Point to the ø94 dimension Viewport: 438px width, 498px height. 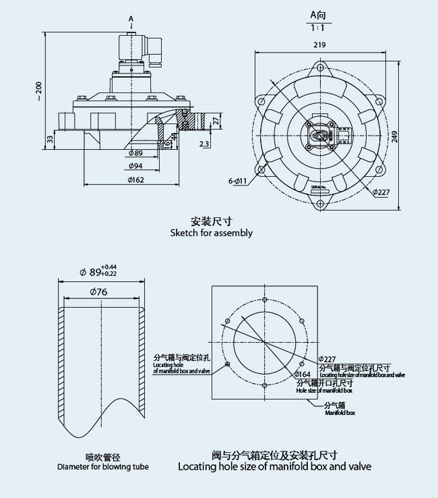[x=135, y=166]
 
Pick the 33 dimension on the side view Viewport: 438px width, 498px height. [x=49, y=139]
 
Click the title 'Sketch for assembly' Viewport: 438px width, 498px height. [x=212, y=233]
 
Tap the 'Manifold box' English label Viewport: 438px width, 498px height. [x=340, y=412]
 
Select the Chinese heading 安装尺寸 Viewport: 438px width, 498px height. [x=212, y=221]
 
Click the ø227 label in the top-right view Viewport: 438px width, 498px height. [x=381, y=191]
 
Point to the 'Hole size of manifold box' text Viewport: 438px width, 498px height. [x=325, y=391]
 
